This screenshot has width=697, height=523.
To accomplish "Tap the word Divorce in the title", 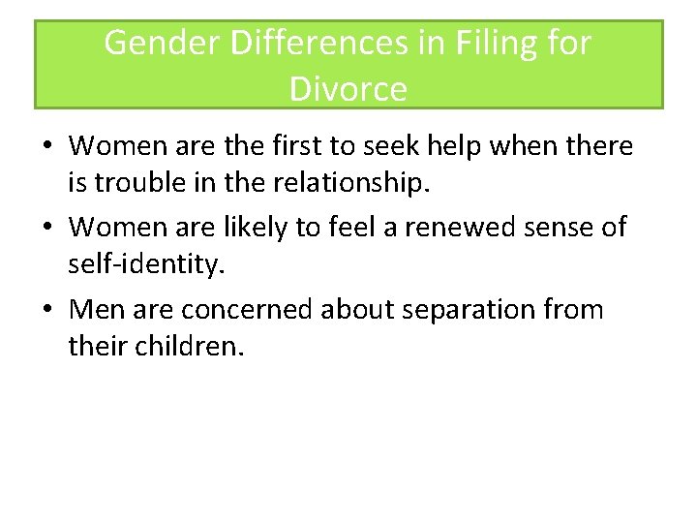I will [348, 89].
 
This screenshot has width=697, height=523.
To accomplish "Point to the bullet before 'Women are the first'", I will [45, 147].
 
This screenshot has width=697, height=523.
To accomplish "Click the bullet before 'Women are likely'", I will [45, 229].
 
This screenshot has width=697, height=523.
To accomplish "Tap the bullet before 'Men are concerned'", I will [45, 311].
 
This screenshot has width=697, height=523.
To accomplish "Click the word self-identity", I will [145, 263].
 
